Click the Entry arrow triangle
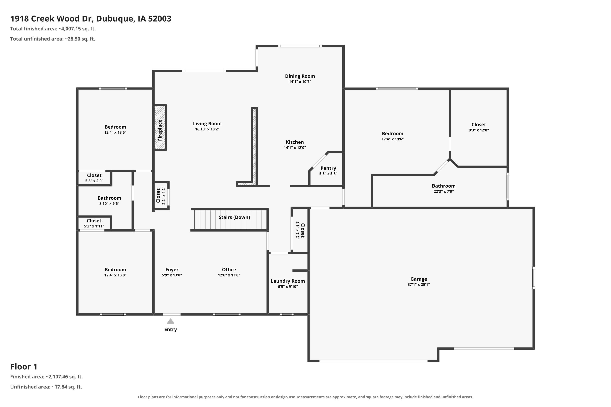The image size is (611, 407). (170, 321)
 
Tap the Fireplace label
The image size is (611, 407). (160, 130)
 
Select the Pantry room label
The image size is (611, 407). (328, 168)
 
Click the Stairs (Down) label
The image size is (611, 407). (234, 217)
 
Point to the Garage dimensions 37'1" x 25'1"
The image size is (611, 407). (419, 284)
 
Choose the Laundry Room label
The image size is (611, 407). (288, 281)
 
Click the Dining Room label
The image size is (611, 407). (300, 76)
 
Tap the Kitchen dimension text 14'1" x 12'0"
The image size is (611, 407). (295, 148)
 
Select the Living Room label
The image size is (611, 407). (207, 124)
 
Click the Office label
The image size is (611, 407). (229, 270)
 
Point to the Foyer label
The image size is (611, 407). (172, 270)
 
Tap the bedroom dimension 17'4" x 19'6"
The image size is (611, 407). (392, 139)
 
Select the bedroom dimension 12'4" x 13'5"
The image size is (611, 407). (115, 132)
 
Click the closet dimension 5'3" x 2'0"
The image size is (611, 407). (94, 181)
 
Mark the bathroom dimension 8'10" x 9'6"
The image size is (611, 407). (109, 203)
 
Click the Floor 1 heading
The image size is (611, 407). (24, 367)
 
